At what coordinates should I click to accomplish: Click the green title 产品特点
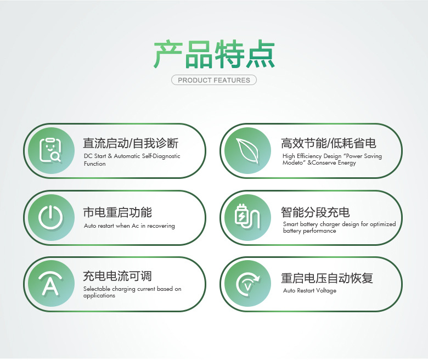[214, 54]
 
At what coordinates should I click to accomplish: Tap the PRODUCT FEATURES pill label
[214, 80]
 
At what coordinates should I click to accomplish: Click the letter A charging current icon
[50, 284]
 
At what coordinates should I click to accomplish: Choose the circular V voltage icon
[247, 284]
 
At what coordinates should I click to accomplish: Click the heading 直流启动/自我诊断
[131, 144]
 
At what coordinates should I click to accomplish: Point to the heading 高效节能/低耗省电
[329, 144]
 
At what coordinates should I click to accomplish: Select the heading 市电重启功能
[117, 212]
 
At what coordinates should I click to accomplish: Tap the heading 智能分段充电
[315, 212]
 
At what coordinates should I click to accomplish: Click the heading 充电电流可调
[117, 277]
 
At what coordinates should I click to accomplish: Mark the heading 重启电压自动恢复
[327, 278]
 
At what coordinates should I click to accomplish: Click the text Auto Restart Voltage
[309, 291]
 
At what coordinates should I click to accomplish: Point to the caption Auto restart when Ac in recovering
[129, 226]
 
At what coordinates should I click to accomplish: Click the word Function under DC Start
[94, 164]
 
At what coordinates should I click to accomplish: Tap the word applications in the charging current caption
[99, 296]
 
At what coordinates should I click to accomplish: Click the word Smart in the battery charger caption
[291, 224]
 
